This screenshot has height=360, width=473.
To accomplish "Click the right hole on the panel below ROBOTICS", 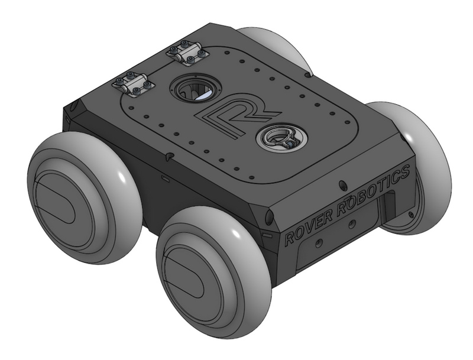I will [352, 223].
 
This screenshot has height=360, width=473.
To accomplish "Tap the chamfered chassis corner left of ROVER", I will [269, 218].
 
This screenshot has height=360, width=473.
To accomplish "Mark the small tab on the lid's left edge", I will [170, 157].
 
